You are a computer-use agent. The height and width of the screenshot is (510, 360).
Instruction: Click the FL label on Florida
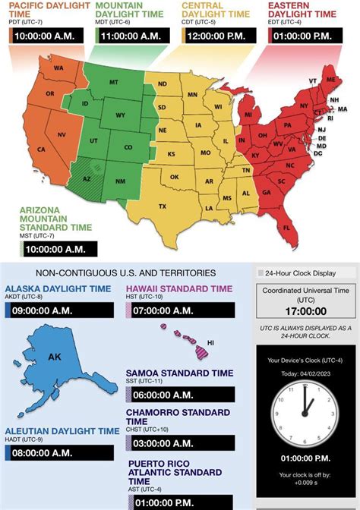(286, 226)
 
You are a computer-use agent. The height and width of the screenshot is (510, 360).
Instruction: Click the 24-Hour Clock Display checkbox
(261, 272)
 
